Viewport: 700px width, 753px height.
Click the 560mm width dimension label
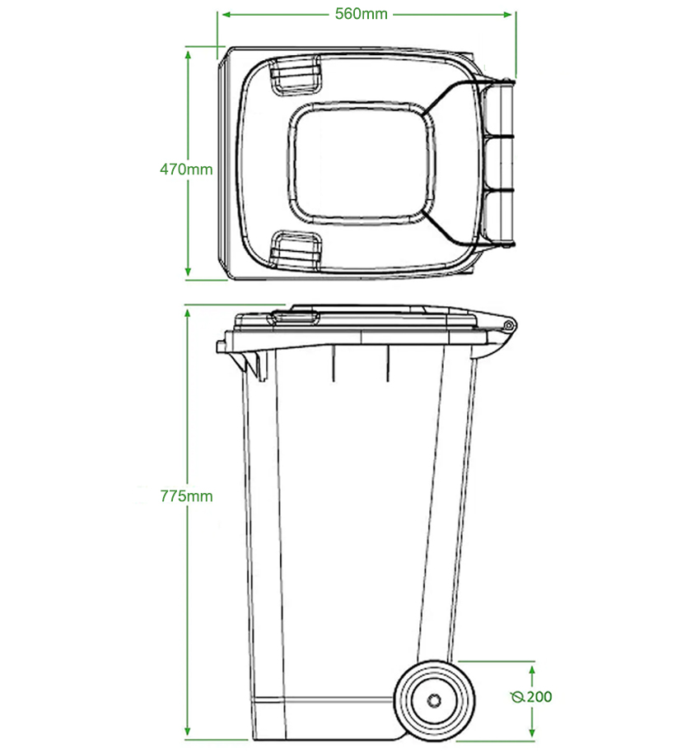[x=362, y=14]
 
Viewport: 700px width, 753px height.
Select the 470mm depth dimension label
[x=186, y=170]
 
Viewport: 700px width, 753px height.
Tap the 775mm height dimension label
[x=186, y=496]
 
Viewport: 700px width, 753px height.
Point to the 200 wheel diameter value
[x=539, y=697]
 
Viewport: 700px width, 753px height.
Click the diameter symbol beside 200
[x=517, y=698]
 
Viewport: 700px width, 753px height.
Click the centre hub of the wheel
[x=433, y=700]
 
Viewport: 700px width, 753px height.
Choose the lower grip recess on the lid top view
[x=294, y=249]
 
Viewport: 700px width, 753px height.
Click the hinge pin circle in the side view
[x=508, y=326]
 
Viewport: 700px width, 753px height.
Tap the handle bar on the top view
[x=502, y=164]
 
